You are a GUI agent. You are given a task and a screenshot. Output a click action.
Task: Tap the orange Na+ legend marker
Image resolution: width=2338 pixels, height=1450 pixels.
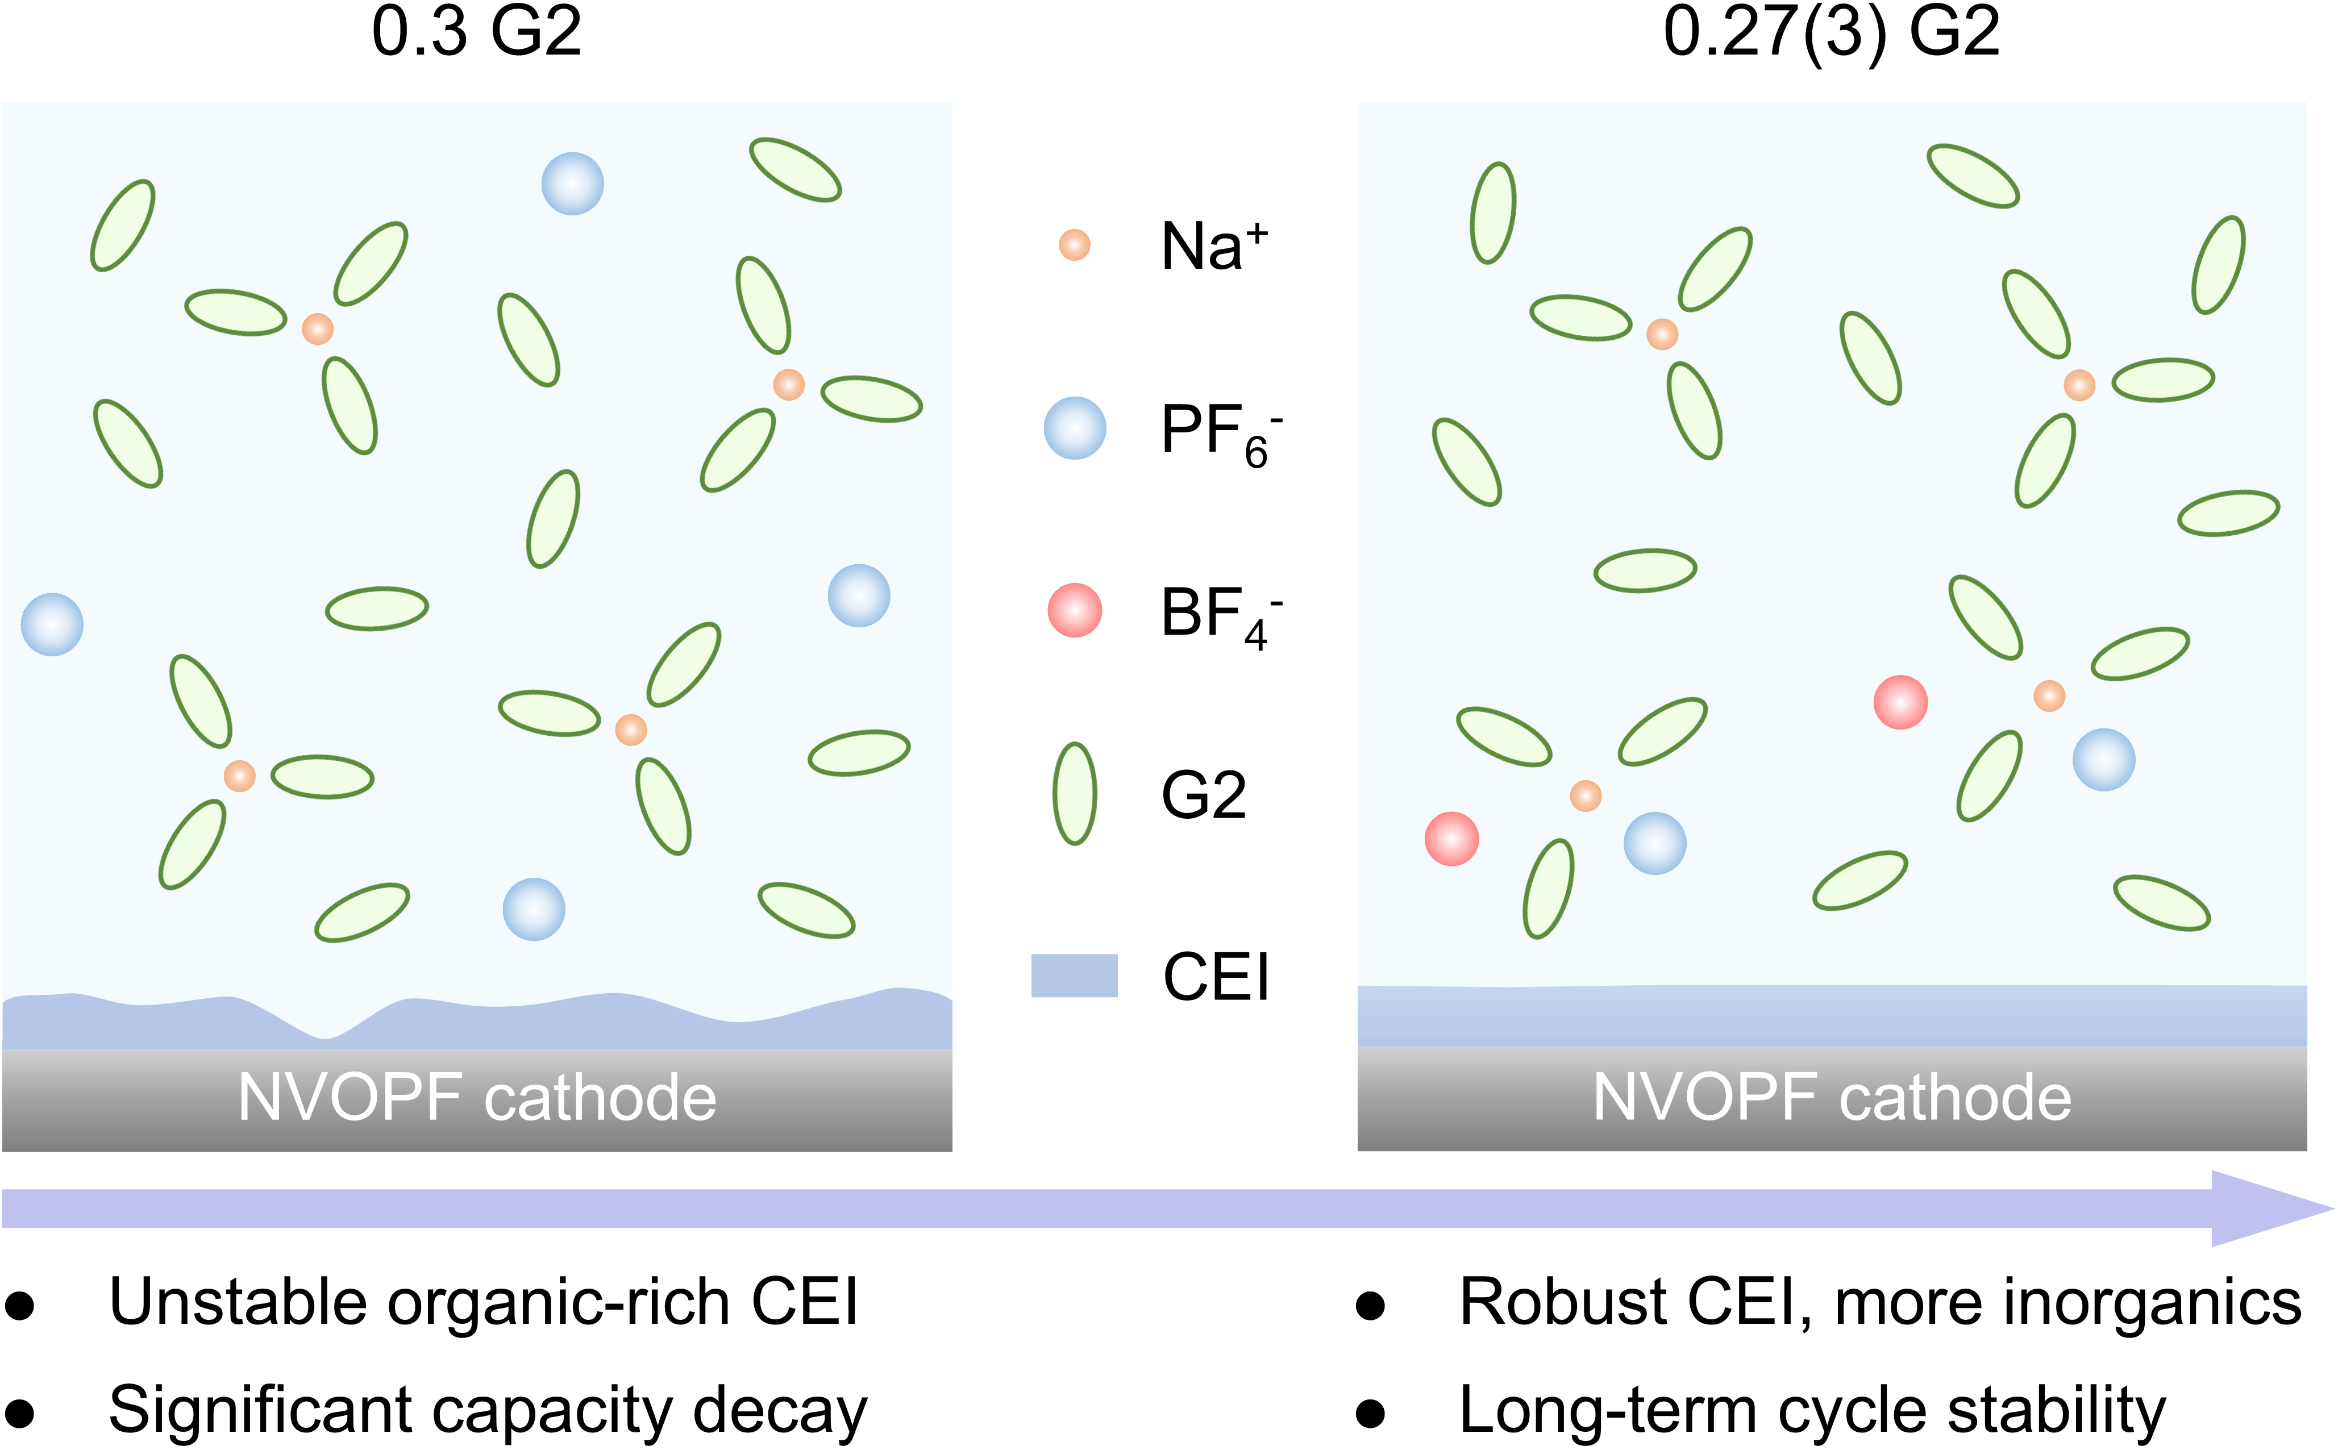pos(1074,244)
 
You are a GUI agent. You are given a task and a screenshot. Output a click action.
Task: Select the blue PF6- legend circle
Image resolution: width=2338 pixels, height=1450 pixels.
pos(1074,428)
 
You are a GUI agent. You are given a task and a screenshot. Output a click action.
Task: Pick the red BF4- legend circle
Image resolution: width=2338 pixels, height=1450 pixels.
pos(1074,610)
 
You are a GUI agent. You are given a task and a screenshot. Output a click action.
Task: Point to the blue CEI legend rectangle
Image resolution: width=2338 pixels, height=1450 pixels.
pos(1074,976)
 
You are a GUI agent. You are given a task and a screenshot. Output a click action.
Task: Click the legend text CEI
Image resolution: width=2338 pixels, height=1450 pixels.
pos(1216,978)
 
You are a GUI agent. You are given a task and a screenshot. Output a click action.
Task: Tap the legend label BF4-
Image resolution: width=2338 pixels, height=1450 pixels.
pos(1220,616)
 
